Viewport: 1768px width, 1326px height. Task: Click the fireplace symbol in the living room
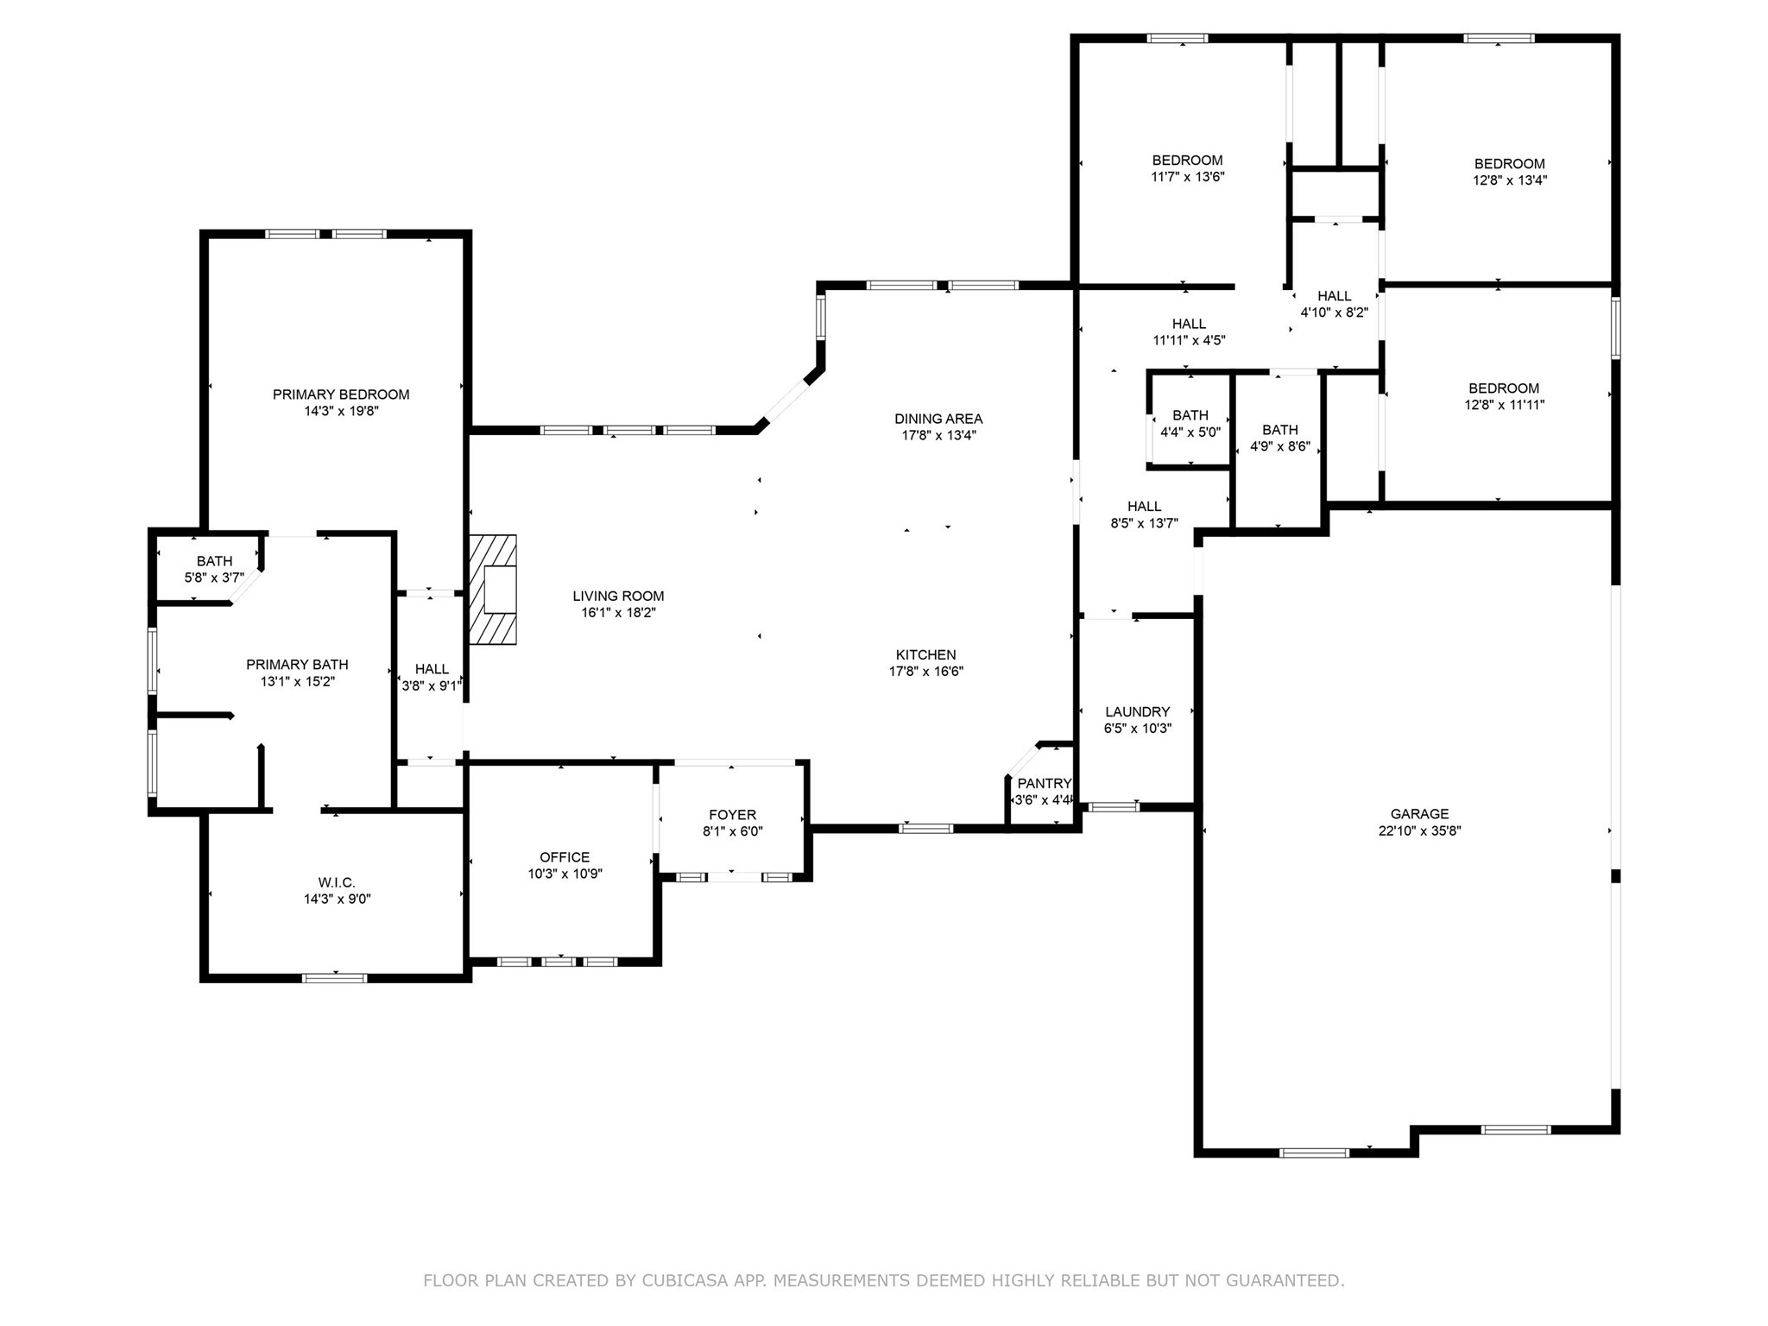[493, 590]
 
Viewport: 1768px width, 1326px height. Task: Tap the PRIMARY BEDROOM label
[341, 395]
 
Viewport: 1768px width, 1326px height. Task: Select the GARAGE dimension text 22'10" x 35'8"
[1419, 831]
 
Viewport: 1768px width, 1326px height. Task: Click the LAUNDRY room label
[1137, 712]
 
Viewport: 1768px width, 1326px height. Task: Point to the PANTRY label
[1044, 784]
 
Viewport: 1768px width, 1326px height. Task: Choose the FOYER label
[732, 815]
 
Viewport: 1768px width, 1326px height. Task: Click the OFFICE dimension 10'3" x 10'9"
[565, 874]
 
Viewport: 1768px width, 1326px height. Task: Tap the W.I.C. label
[336, 882]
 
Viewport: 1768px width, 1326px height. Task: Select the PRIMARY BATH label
[297, 665]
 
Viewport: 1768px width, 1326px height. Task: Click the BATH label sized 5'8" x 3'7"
[214, 561]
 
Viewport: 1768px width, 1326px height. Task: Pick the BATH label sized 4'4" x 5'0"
[1190, 415]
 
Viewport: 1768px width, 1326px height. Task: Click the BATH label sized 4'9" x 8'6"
[1279, 430]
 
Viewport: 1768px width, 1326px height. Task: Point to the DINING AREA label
[938, 419]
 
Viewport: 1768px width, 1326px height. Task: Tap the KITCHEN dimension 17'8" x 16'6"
[925, 672]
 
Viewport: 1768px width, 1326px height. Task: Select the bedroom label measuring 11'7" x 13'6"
[1187, 161]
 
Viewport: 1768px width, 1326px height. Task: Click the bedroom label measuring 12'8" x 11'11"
[1504, 388]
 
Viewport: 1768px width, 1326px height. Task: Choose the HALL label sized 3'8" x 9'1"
[432, 669]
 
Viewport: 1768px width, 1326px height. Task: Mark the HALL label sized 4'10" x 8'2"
[1334, 296]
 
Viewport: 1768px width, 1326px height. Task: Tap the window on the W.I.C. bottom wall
[335, 977]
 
